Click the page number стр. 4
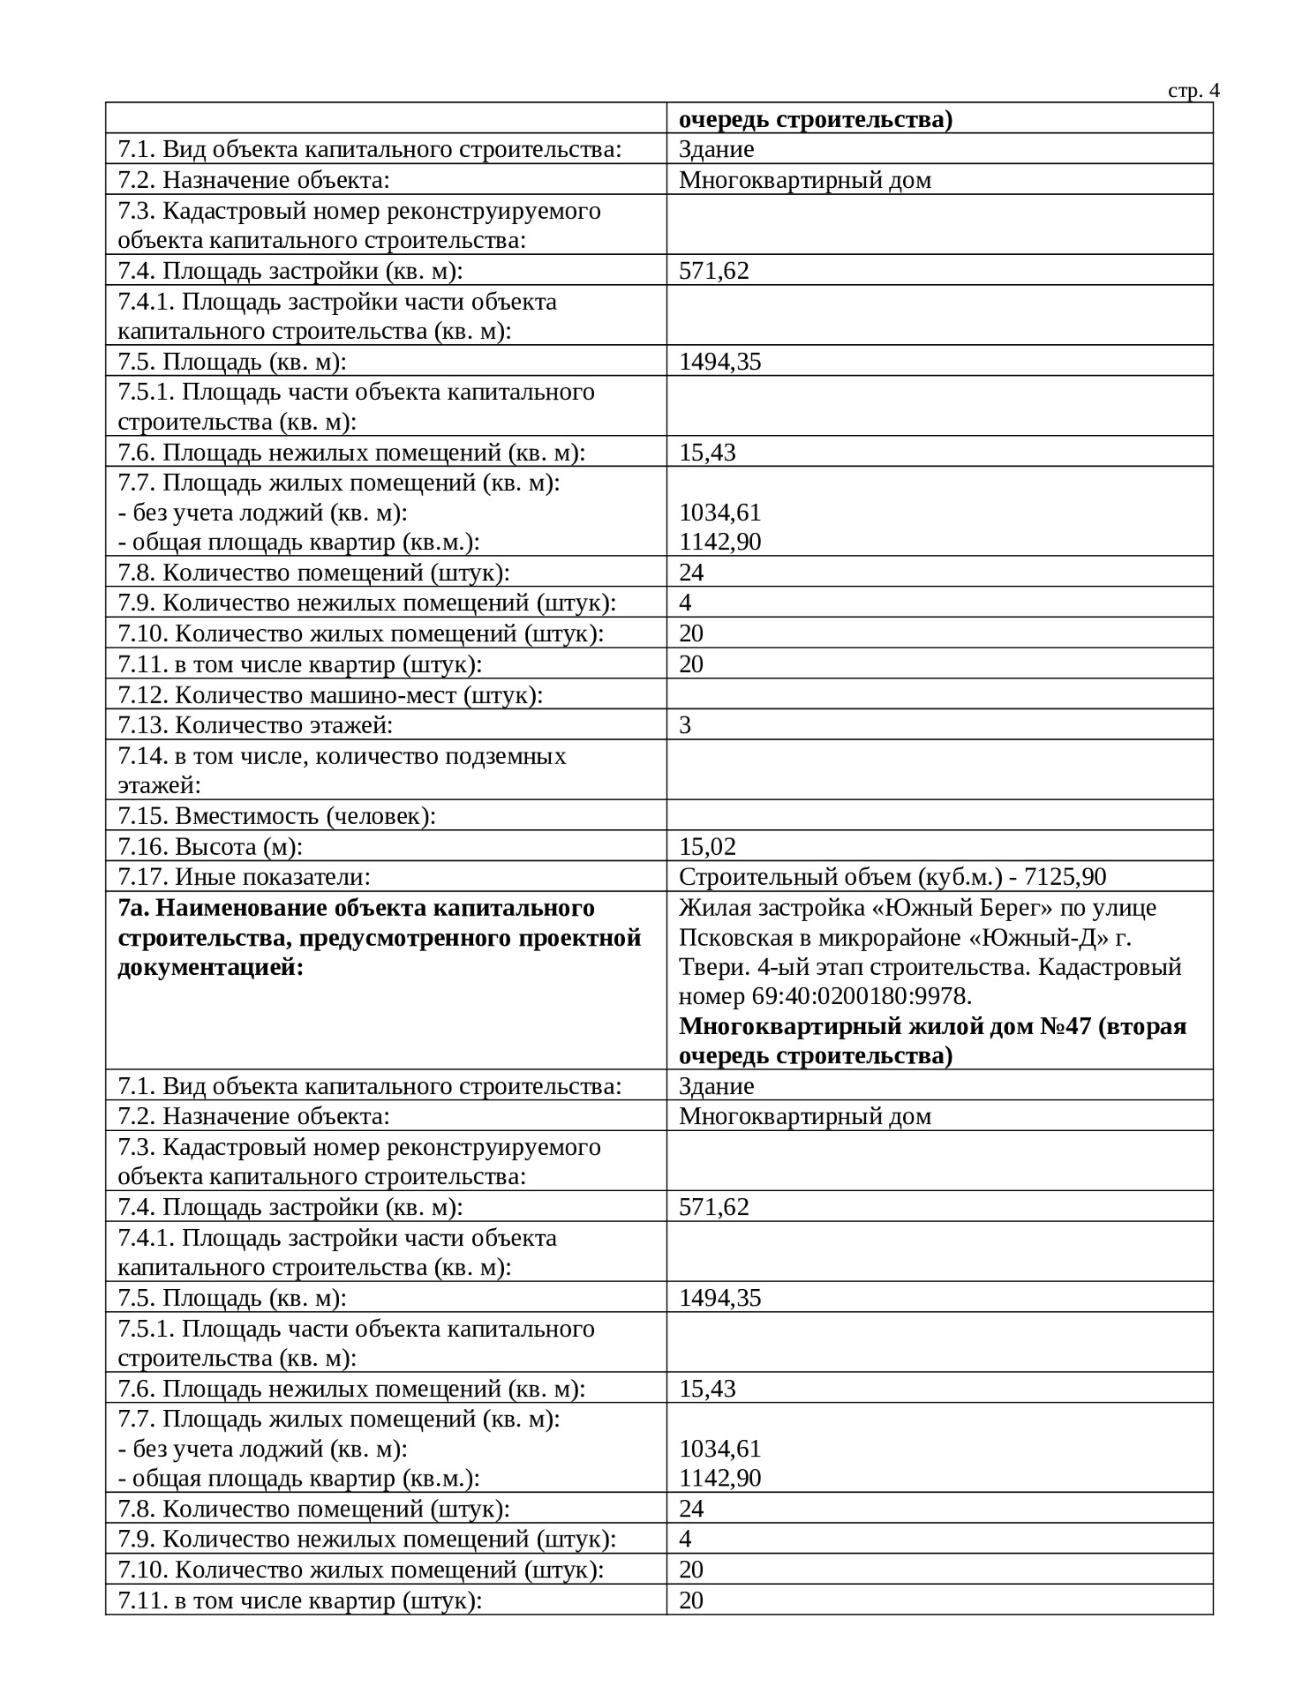1193,91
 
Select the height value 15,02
707,847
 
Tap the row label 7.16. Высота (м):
210,847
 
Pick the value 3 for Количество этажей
685,725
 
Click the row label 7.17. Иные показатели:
244,877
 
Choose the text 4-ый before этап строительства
781,967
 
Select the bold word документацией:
210,968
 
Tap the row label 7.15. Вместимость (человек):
277,816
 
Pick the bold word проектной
575,938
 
